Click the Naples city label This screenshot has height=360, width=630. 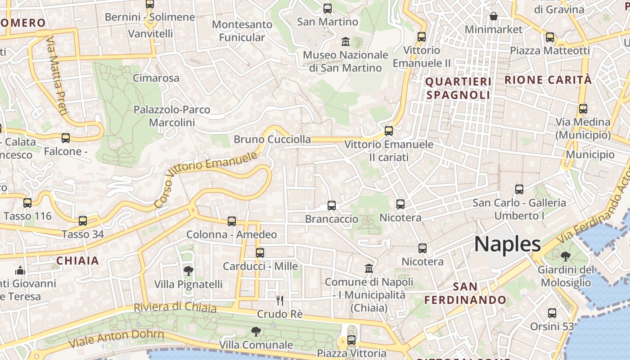coord(508,244)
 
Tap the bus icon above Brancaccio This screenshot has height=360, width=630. coord(332,206)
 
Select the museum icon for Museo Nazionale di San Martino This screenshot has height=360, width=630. coord(346,42)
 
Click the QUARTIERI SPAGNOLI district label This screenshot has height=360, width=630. coord(458,88)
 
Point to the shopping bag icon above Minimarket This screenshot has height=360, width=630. coord(494,17)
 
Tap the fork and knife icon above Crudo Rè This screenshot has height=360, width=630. coord(280,300)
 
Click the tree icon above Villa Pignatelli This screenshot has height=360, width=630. coord(189,271)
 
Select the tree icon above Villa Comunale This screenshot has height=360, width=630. coord(256,332)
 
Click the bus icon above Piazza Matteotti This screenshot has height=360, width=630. coord(550,37)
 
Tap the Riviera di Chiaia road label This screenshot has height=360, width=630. coord(175,307)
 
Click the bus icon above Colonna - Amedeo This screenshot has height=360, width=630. coord(232,221)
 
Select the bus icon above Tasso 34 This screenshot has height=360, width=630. coord(83,221)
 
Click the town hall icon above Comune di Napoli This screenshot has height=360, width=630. coord(369,268)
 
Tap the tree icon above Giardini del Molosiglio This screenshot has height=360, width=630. coord(565,256)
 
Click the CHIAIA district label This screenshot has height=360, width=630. coord(77,261)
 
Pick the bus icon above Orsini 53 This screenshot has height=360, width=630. coord(552,313)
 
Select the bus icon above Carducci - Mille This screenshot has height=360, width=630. coord(260,252)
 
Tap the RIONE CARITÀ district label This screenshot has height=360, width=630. coord(548,80)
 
